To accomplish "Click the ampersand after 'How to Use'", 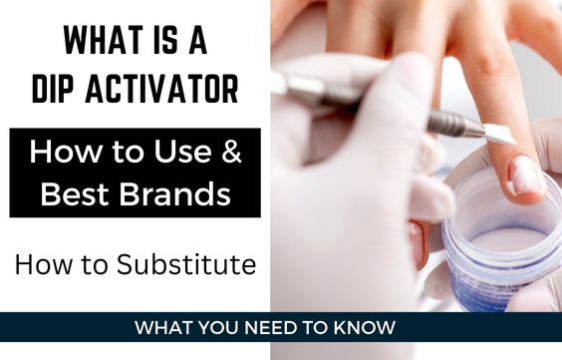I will pos(230,154).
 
